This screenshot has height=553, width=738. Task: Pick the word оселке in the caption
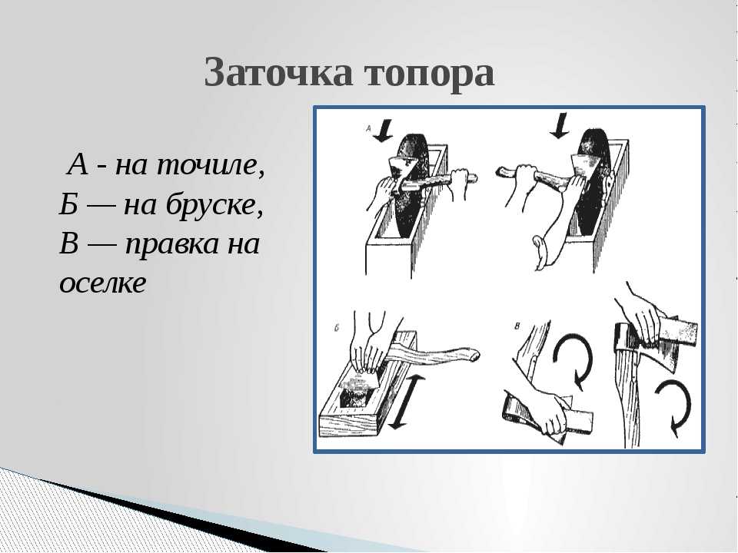102,283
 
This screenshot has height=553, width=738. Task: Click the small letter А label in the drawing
369,128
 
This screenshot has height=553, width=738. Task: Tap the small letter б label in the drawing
337,328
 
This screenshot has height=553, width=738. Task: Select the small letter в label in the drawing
517,326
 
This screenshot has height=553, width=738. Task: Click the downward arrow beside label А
385,131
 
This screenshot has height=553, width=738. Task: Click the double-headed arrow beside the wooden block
406,402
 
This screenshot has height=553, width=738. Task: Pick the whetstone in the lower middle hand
578,422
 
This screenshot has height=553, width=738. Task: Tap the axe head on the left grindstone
401,171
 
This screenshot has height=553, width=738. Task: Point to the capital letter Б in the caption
68,205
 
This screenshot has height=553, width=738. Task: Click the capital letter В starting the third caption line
68,243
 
